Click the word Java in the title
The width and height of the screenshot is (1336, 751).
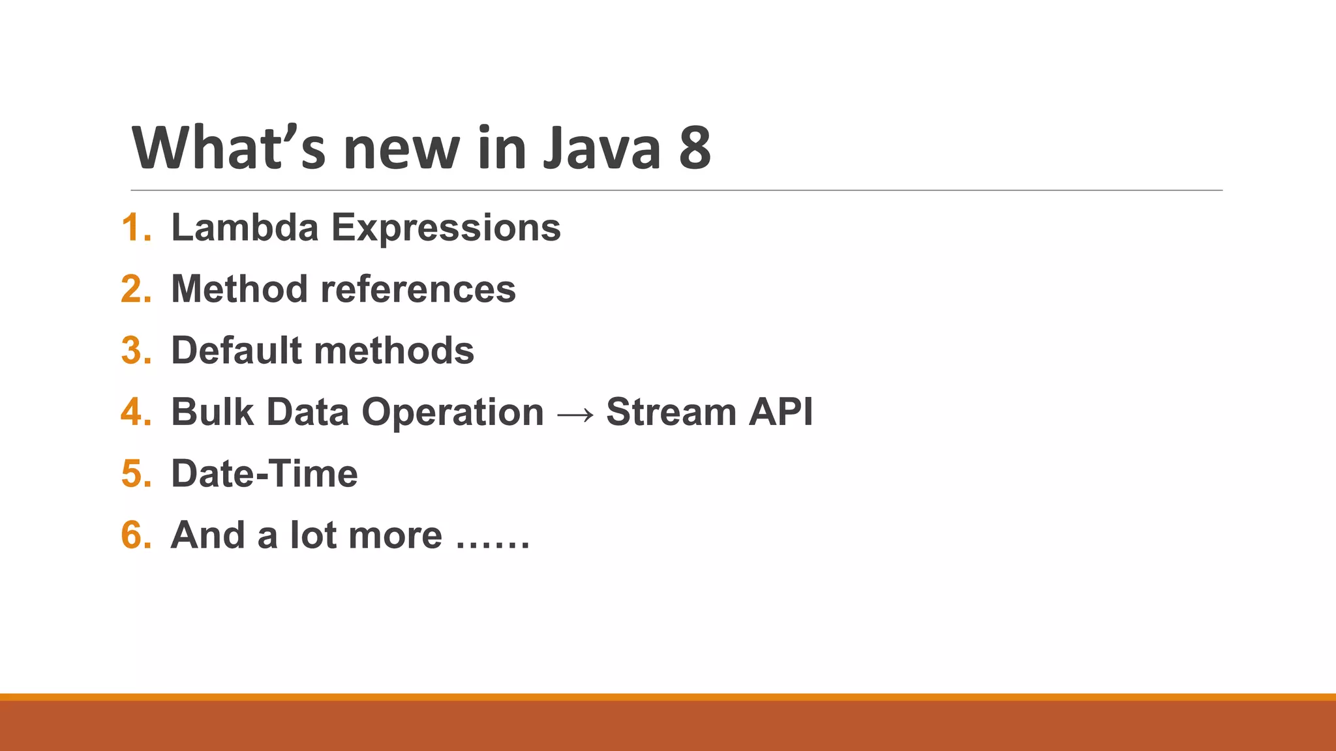[602, 149]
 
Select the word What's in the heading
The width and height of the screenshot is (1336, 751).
[228, 149]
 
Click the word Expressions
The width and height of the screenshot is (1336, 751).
[446, 228]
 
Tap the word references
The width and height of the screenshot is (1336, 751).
[418, 289]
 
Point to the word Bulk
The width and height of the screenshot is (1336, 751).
[212, 413]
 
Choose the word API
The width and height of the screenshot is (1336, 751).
[781, 413]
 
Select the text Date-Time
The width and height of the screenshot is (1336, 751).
[264, 474]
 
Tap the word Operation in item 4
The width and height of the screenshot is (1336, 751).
[453, 413]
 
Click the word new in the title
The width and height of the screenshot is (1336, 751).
[402, 149]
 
